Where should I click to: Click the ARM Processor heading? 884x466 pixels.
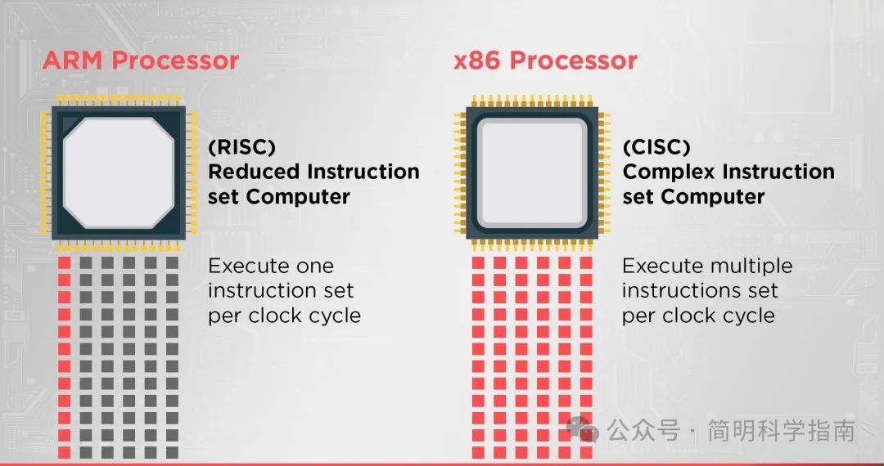tap(141, 60)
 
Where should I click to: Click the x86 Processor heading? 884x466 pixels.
tap(545, 60)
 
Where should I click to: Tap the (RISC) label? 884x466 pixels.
tap(241, 147)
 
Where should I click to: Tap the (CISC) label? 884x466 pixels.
tap(656, 147)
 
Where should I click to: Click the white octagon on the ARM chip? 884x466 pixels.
tap(119, 173)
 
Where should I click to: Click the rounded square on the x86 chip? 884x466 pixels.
tap(532, 173)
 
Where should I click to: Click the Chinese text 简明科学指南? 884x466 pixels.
tap(781, 431)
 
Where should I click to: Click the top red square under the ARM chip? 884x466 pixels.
tap(65, 262)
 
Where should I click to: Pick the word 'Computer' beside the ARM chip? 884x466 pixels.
tap(298, 196)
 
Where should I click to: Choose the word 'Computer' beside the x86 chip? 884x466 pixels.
tap(713, 196)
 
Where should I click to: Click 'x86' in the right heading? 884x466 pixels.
tap(477, 60)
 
